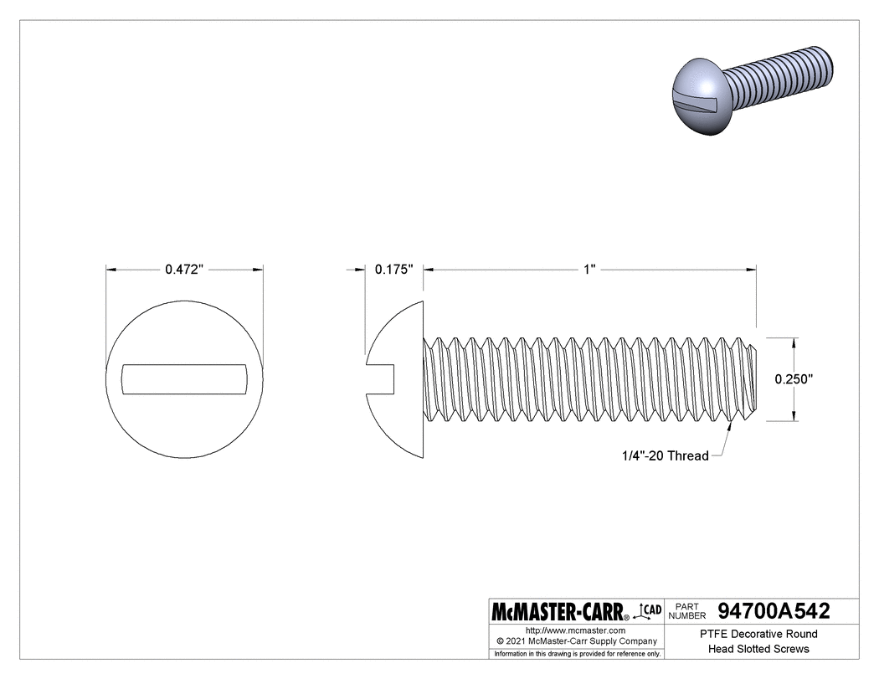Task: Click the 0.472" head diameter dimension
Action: tap(184, 270)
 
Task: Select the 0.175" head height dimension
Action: tap(394, 270)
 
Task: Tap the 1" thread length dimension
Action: tap(589, 270)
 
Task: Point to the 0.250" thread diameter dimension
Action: tap(794, 378)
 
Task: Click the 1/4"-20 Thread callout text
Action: tap(665, 456)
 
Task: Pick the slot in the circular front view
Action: tap(184, 378)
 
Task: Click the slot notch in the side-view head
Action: tap(380, 378)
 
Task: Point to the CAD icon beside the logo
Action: tap(650, 611)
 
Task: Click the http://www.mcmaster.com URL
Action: tap(575, 630)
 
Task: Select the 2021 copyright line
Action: tap(575, 641)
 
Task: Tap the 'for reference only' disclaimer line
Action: tap(575, 653)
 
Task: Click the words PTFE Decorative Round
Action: tap(758, 634)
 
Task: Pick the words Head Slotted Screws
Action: tap(758, 649)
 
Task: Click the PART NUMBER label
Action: tap(687, 611)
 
